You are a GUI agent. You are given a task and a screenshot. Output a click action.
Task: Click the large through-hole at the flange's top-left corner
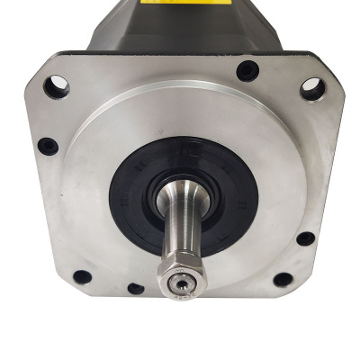pyautogui.click(x=56, y=86)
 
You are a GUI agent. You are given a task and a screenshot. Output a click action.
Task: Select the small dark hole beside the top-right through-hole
pyautogui.click(x=246, y=71)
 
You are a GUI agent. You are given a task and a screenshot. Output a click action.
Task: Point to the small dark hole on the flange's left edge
pyautogui.click(x=49, y=145)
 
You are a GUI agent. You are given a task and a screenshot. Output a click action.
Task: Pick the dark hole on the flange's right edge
pyautogui.click(x=306, y=239)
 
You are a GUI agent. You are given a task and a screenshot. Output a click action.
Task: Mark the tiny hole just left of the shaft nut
pyautogui.click(x=135, y=289)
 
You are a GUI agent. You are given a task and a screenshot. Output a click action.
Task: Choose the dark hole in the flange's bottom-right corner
pyautogui.click(x=282, y=279)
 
